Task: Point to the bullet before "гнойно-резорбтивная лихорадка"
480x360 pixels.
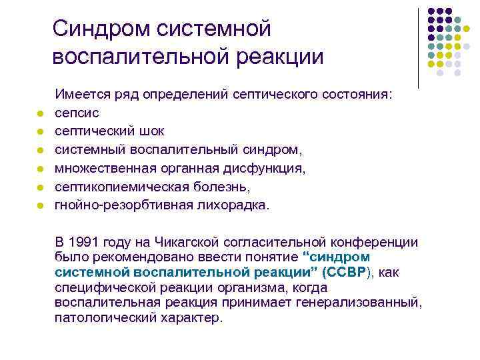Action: point(40,206)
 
